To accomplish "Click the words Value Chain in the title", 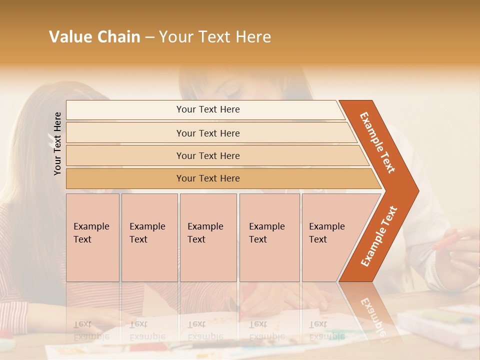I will tap(94, 37).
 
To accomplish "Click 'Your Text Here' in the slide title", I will tap(214, 37).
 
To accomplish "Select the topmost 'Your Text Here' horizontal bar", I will tap(207, 109).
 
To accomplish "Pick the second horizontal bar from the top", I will tap(207, 133).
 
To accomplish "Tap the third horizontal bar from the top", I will tap(207, 155).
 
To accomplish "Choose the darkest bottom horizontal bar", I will tap(207, 178).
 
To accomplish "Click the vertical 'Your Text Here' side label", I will tap(58, 143).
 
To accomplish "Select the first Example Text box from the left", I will tap(92, 237).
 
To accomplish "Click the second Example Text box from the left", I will tap(149, 237).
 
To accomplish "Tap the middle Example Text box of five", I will tap(208, 237).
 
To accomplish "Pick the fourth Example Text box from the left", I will tap(269, 237).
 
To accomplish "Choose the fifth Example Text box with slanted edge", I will tap(330, 237).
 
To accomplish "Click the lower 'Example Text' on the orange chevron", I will tap(379, 236).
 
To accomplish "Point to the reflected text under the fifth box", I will tap(325, 330).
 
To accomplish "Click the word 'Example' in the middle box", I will tap(205, 226).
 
